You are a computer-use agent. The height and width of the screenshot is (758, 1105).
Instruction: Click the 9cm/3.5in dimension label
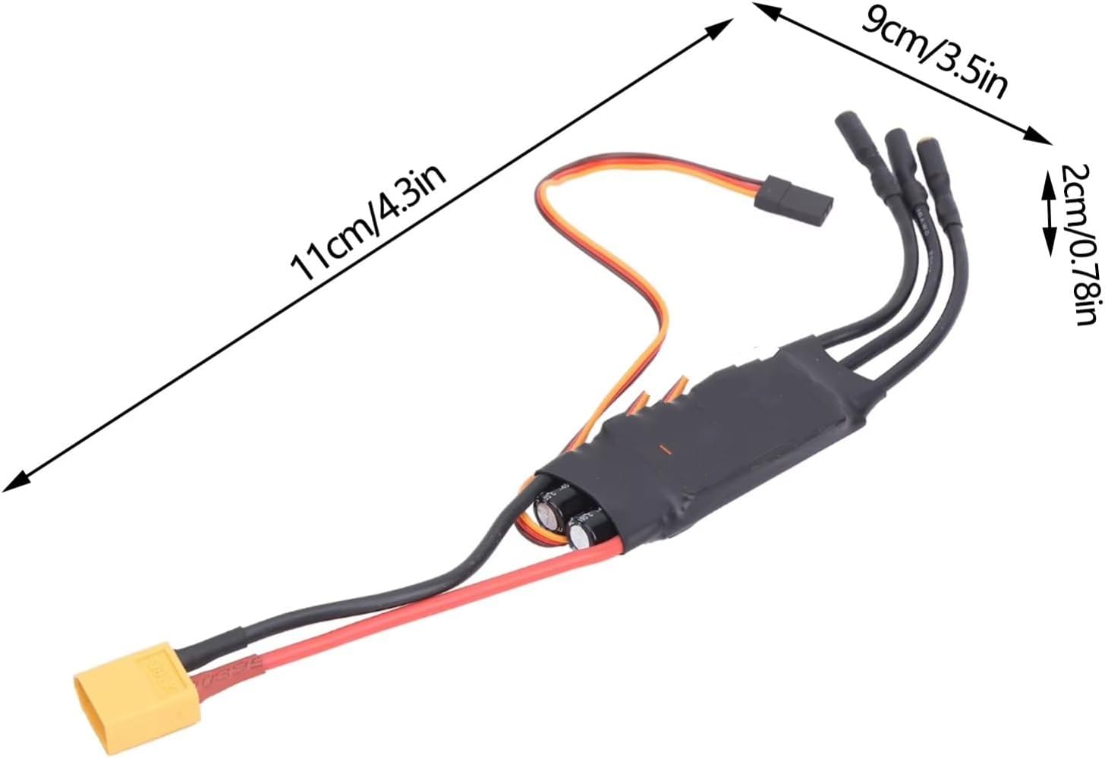(933, 54)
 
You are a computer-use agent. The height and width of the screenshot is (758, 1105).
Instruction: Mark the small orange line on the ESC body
(663, 448)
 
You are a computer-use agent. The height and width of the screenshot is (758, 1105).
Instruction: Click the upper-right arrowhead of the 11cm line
(721, 27)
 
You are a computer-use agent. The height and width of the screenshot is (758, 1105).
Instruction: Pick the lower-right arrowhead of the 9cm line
(1038, 137)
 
